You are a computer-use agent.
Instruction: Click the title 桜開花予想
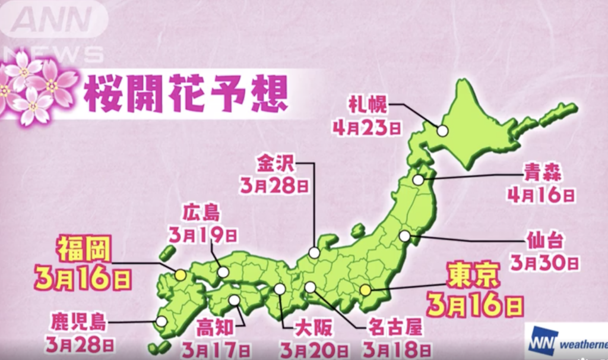[186, 94]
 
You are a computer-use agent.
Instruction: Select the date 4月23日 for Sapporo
[368, 128]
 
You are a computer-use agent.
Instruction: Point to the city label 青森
[541, 173]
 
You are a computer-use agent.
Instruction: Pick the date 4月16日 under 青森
[541, 194]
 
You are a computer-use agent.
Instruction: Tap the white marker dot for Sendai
[404, 236]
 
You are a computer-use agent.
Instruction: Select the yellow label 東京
[474, 277]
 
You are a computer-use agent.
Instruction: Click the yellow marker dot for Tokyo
[366, 290]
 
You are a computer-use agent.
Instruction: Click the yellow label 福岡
[83, 250]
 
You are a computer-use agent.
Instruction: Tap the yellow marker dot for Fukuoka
[180, 275]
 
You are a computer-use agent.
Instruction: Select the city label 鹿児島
[78, 323]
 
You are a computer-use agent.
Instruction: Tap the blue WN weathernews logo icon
[541, 341]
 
